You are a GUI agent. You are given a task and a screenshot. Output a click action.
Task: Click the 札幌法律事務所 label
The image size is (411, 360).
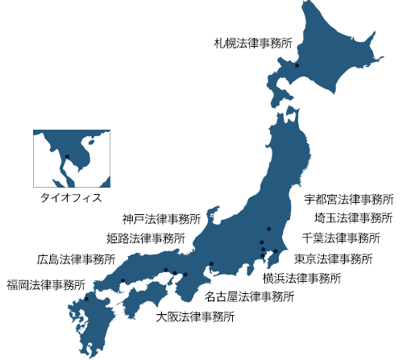(252, 43)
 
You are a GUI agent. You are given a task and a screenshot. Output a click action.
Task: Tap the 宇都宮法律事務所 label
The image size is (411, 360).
(350, 199)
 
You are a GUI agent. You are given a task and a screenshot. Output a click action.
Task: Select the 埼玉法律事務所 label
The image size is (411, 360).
(352, 218)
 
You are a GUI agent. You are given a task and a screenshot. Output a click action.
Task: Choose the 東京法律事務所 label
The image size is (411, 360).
(332, 259)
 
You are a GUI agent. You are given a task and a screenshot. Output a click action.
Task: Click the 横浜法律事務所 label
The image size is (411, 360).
(302, 279)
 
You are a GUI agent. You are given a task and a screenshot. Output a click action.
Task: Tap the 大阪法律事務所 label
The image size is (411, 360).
(196, 317)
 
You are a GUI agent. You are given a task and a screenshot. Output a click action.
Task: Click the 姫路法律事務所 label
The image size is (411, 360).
(145, 239)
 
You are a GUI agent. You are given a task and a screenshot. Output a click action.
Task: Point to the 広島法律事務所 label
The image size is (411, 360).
(76, 260)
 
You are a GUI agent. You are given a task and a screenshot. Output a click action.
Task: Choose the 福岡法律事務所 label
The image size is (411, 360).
(46, 284)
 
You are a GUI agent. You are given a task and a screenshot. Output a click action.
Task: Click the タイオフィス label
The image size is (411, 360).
(73, 197)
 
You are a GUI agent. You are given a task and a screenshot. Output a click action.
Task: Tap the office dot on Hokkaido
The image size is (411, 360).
(297, 66)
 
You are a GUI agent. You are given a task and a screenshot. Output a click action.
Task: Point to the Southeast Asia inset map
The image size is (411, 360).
(71, 159)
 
